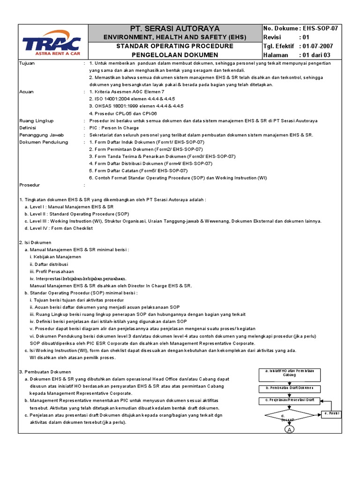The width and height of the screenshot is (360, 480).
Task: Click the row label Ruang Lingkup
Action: point(36,120)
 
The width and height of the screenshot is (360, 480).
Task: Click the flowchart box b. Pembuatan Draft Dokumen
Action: point(289,389)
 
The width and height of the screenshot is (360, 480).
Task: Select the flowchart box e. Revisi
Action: point(331,414)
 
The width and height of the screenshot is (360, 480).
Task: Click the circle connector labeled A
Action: point(289,429)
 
